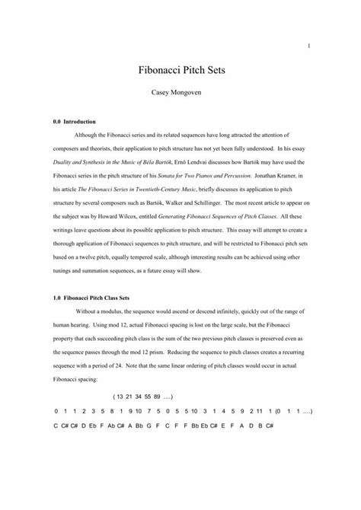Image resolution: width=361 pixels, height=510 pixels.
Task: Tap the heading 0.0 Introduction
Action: click(x=78, y=122)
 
